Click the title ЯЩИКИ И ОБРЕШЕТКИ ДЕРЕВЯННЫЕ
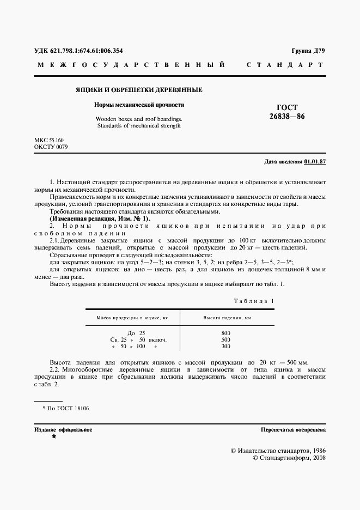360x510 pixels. (x=138, y=89)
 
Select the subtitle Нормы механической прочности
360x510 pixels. (x=138, y=104)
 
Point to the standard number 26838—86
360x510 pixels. (x=287, y=117)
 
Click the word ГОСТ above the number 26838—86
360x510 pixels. (x=287, y=107)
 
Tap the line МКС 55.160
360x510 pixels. (x=49, y=141)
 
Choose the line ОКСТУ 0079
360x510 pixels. (x=51, y=147)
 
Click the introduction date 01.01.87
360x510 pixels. (x=315, y=162)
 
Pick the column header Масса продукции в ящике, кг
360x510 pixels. (x=132, y=317)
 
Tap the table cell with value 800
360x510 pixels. (x=226, y=333)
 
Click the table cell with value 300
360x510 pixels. (x=226, y=346)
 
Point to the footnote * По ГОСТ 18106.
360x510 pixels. (x=66, y=408)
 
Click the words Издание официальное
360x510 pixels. (x=63, y=430)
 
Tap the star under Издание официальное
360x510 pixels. (x=53, y=437)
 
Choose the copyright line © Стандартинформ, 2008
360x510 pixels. (x=289, y=459)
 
